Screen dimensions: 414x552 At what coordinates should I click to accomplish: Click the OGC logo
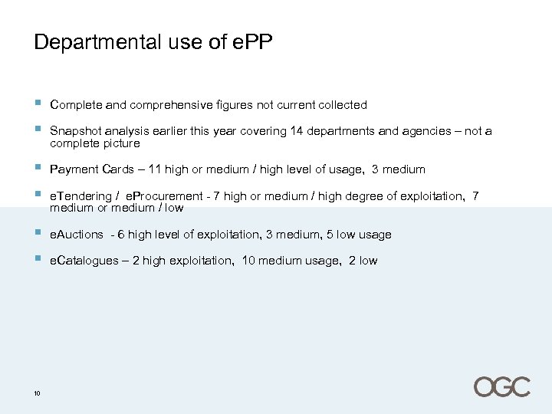(501, 386)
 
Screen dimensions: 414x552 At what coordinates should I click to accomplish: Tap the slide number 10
(37, 394)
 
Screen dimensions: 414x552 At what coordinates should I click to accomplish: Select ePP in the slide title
(251, 42)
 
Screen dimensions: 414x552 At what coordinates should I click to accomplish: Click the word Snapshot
(75, 131)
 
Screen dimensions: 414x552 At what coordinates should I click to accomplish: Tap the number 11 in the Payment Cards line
(153, 169)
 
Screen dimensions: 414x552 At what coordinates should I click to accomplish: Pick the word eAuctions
(77, 235)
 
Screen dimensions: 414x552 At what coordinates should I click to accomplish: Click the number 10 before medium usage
(248, 261)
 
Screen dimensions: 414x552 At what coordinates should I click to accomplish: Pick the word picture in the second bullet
(123, 143)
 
